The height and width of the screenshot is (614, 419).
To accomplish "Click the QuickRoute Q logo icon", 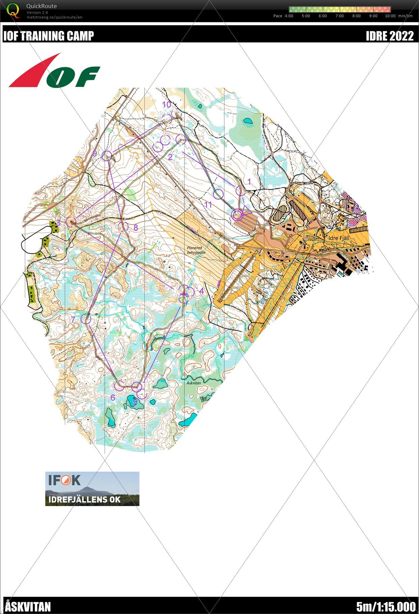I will [13, 10].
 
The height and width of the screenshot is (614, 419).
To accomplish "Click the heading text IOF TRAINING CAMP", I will [48, 36].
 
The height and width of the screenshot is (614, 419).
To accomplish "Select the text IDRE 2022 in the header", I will [390, 36].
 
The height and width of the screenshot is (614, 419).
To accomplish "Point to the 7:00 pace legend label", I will [339, 16].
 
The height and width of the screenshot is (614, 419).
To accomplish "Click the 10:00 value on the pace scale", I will [390, 16].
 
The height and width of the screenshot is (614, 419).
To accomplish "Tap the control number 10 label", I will [167, 105].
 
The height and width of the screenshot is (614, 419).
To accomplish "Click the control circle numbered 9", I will [107, 155].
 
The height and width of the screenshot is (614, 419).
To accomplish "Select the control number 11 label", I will [208, 204].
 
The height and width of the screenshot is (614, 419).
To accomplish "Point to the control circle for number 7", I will [86, 319].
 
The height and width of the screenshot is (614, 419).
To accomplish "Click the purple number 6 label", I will [113, 397].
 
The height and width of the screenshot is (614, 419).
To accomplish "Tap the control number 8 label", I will [136, 228].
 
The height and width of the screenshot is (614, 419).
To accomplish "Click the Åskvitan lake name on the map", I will [194, 383].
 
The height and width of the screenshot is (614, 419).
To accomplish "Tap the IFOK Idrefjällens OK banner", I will [92, 489].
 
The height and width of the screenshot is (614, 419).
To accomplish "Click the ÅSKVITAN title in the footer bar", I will [28, 607].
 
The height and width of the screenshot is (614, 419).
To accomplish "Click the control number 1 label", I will [249, 182].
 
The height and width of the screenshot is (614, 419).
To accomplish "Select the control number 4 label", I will [201, 291].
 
